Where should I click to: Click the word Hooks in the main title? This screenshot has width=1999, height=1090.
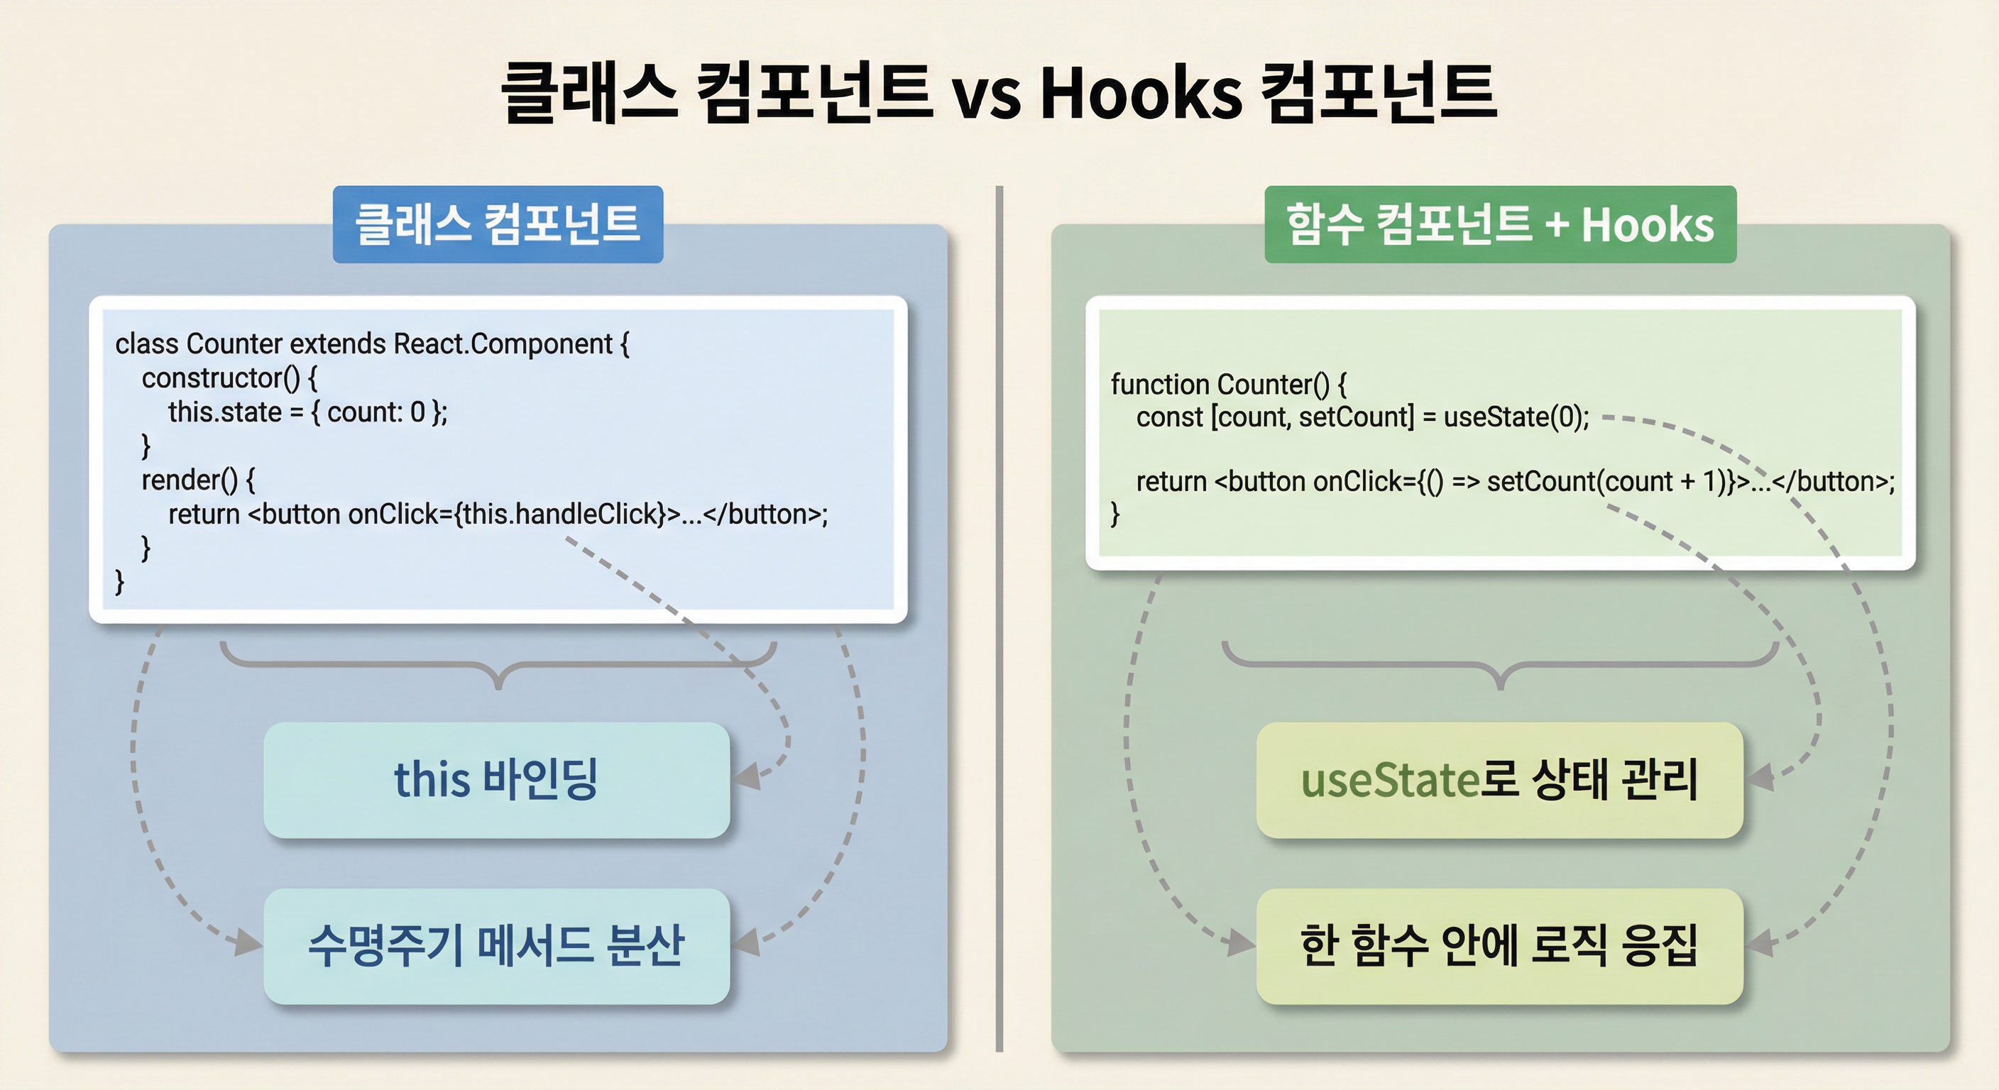click(x=1141, y=93)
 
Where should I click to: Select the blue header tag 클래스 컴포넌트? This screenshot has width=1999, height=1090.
click(x=498, y=224)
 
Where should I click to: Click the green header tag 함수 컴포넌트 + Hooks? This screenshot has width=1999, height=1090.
click(x=1499, y=224)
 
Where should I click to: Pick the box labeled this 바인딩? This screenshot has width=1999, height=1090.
click(x=497, y=780)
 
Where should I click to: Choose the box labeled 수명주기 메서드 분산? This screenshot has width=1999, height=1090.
click(x=497, y=946)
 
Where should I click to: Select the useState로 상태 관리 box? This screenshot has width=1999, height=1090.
click(x=1499, y=780)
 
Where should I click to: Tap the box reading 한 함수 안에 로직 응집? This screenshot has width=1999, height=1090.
click(x=1499, y=946)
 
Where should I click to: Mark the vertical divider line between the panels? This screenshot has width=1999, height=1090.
click(x=999, y=621)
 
